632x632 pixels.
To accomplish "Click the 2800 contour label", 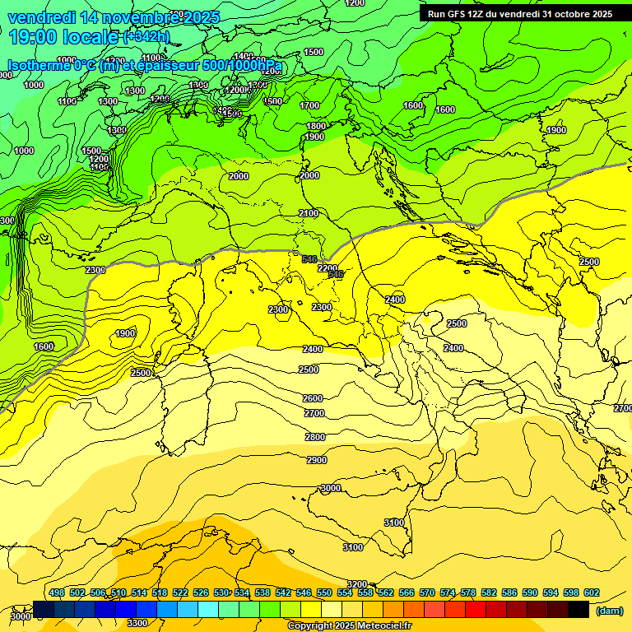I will (315, 437).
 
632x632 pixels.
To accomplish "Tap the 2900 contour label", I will (317, 460).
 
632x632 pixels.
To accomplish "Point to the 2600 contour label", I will (313, 398).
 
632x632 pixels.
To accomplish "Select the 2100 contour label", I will (309, 213).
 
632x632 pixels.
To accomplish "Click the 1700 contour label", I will (309, 105).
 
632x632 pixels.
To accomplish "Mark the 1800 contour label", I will (316, 126).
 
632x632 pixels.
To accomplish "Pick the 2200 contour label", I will (328, 268).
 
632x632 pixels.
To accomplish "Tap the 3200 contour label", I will (357, 584).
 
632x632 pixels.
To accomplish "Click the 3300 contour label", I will (137, 623).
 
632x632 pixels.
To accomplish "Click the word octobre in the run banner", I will (572, 14).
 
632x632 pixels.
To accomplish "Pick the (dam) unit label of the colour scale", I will (609, 611).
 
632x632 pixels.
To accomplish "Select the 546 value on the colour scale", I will (304, 592).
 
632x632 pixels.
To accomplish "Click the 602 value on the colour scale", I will (592, 592).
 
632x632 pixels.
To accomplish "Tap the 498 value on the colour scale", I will (57, 592).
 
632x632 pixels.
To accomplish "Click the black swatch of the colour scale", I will (579, 609).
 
